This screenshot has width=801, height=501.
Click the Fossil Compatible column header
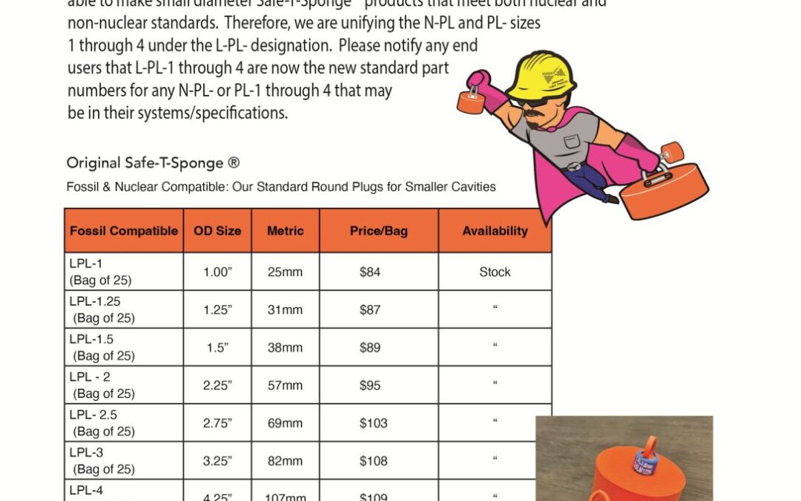[x=124, y=231]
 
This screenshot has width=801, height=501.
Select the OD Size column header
[x=217, y=231]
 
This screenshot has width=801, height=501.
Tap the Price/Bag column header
[x=378, y=231]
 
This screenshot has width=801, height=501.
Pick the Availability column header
[x=495, y=231]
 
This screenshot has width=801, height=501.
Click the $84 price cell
[x=370, y=272]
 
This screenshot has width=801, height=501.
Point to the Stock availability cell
[x=495, y=272]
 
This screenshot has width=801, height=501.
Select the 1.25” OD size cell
[x=217, y=310]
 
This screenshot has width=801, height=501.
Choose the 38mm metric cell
[x=285, y=347]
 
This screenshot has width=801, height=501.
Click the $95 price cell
[x=370, y=385]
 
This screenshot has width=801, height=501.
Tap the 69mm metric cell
[x=285, y=423]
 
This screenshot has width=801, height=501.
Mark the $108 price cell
[x=373, y=461]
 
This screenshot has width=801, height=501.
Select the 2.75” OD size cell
[x=217, y=423]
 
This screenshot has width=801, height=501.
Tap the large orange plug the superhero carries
[x=664, y=189]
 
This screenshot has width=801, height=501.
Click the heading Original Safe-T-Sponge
[x=153, y=163]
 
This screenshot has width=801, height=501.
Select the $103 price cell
[x=373, y=423]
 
